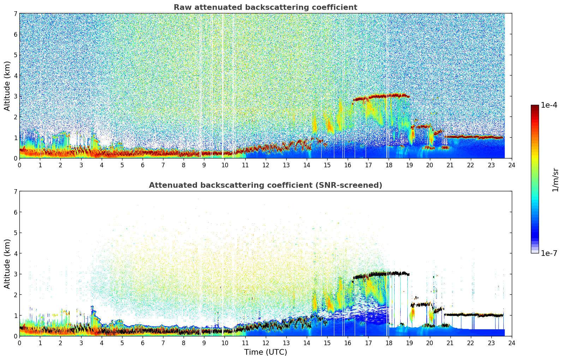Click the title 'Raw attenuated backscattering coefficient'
pyautogui.click(x=265, y=7)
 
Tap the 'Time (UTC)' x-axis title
pyautogui.click(x=265, y=352)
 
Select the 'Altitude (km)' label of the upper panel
pyautogui.click(x=7, y=86)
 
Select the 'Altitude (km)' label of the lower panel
pyautogui.click(x=7, y=264)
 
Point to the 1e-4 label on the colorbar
pyautogui.click(x=549, y=105)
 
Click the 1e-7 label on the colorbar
pyautogui.click(x=549, y=253)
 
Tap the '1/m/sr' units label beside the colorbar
pyautogui.click(x=555, y=180)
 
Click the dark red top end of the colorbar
pyautogui.click(x=535, y=107)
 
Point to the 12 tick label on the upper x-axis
pyautogui.click(x=265, y=165)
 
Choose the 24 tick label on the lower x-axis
pyautogui.click(x=512, y=343)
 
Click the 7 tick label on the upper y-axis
pyautogui.click(x=15, y=14)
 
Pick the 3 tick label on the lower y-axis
pyautogui.click(x=15, y=274)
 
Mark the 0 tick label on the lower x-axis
pyautogui.click(x=19, y=343)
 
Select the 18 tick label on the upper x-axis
pyautogui.click(x=389, y=165)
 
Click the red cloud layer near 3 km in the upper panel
pyautogui.click(x=381, y=96)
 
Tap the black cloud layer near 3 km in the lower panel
pyautogui.click(x=381, y=274)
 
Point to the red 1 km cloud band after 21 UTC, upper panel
pyautogui.click(x=473, y=137)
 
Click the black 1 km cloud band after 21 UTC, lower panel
pyautogui.click(x=473, y=314)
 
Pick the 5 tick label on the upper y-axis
pyautogui.click(x=15, y=55)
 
